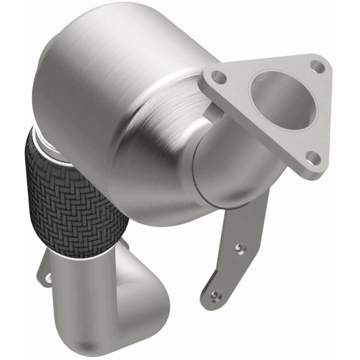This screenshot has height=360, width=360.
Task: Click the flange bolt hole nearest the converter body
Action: pos(218,77)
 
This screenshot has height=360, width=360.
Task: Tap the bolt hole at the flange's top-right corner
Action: pos(318,67)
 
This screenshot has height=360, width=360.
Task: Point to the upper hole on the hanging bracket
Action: pos(241,247)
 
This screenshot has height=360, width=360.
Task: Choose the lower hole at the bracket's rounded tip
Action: pos(216,295)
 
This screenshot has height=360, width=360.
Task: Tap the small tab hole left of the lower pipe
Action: pos(48,279)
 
